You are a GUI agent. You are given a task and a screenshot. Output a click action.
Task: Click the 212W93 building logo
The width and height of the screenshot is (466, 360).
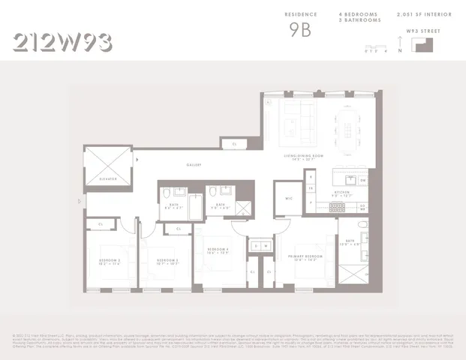[63, 41]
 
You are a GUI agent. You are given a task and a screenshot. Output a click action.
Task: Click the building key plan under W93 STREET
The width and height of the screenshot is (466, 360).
[422, 44]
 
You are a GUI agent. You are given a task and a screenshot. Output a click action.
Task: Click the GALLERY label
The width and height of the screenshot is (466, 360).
[195, 165]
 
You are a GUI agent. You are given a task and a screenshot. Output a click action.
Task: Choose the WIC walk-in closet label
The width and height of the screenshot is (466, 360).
[287, 199]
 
